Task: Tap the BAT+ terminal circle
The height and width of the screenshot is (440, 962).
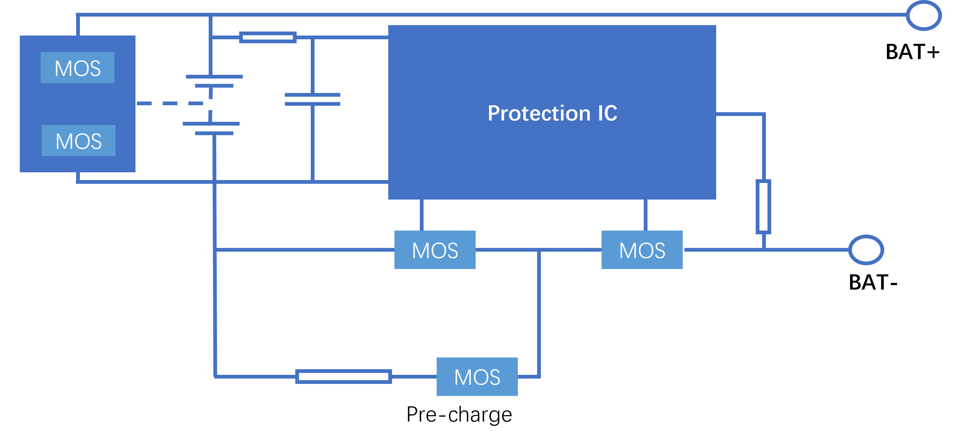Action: click(x=924, y=16)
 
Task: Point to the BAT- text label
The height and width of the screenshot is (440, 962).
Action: click(x=873, y=282)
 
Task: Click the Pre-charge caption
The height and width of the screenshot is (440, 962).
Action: click(x=459, y=414)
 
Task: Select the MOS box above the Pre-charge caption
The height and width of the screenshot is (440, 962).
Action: click(x=477, y=377)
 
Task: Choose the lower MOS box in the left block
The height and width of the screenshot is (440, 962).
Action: click(x=78, y=141)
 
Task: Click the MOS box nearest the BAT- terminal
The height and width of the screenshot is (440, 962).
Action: click(x=642, y=250)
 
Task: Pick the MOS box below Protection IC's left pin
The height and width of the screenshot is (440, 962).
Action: click(x=435, y=250)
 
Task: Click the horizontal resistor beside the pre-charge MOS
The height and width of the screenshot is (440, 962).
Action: click(x=343, y=376)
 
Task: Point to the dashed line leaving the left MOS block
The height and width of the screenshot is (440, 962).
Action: click(x=169, y=103)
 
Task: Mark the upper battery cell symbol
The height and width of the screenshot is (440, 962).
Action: click(x=214, y=81)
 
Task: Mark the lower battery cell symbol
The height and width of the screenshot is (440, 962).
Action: click(x=211, y=128)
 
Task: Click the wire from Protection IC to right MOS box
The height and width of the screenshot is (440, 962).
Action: click(x=645, y=215)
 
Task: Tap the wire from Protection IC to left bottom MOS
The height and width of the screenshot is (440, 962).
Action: click(x=421, y=215)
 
